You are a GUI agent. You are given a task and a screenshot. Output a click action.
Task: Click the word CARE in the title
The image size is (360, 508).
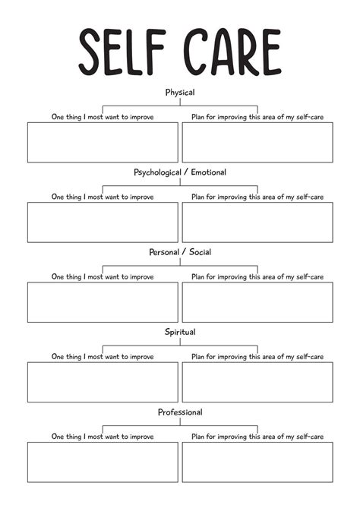point(232,52)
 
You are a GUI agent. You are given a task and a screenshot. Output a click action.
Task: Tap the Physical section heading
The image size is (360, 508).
point(180,93)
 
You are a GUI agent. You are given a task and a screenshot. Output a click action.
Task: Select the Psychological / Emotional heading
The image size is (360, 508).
point(180,172)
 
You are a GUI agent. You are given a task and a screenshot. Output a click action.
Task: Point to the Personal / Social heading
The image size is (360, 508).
point(180,252)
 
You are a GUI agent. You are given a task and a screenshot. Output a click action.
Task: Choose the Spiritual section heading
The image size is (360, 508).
point(180,332)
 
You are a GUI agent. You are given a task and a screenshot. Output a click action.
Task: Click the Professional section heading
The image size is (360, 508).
point(180,412)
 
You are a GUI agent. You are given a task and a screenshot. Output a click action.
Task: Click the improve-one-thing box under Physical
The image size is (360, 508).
point(103,142)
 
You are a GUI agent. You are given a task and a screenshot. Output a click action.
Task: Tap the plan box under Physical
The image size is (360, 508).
point(257,142)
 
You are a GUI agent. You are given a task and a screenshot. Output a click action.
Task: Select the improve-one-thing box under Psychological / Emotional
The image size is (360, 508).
point(103,222)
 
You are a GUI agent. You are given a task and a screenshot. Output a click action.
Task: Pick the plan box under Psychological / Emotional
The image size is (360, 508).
point(257,222)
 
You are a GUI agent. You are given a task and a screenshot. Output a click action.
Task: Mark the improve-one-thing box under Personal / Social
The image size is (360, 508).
point(103,301)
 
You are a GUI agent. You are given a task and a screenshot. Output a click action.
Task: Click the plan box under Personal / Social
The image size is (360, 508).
point(257,301)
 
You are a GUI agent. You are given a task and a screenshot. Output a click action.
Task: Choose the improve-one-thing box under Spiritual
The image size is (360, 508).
point(103,381)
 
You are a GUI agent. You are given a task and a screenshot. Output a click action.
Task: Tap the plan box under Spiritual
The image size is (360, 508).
point(257,381)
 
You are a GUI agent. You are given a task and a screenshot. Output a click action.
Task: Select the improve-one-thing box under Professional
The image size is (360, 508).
point(103,462)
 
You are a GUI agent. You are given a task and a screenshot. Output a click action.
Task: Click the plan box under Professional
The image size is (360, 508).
point(257,462)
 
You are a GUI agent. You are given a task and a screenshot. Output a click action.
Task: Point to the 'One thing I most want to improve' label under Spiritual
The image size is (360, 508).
point(103,356)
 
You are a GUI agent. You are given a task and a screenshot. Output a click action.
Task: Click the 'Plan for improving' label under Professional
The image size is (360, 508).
point(257,437)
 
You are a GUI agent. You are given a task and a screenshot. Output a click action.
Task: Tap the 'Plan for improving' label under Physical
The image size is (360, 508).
point(257,117)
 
